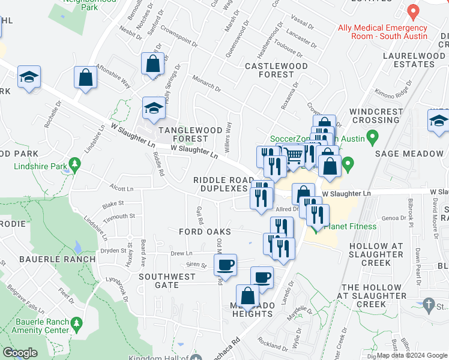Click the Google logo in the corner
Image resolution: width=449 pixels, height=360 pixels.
pyautogui.click(x=20, y=353)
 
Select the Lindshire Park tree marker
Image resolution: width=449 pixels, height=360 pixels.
pyautogui.click(x=74, y=164)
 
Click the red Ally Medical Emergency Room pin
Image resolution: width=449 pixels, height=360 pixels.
pyautogui.click(x=412, y=11)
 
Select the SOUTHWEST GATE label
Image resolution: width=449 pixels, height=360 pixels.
pyautogui.click(x=167, y=281)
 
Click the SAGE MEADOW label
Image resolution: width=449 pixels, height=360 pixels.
pyautogui.click(x=409, y=154)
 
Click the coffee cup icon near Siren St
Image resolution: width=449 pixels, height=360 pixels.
pyautogui.click(x=225, y=264)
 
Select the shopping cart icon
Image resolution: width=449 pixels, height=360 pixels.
pyautogui.click(x=293, y=155)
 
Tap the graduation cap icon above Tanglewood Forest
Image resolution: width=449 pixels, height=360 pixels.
pyautogui.click(x=153, y=108)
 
